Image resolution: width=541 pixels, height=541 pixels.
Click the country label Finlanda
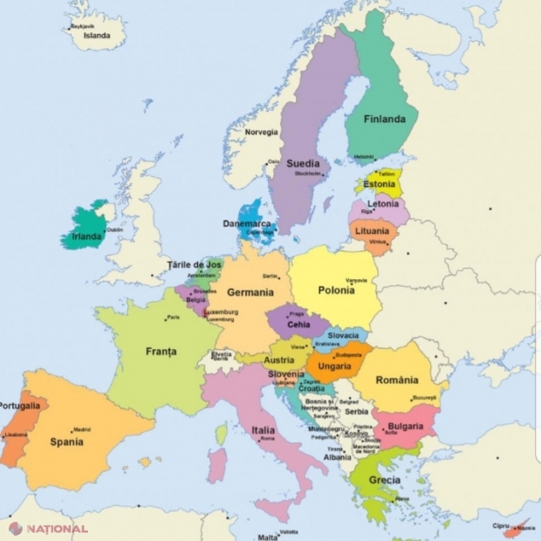[x=384, y=120]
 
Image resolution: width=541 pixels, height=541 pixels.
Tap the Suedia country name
[x=303, y=163]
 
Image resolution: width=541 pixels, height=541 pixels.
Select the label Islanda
[x=96, y=36]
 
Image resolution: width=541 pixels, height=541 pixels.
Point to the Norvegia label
[x=261, y=133]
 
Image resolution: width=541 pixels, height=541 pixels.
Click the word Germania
[x=251, y=292]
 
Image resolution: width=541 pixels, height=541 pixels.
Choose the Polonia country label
[x=336, y=291]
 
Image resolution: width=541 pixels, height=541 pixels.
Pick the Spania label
[x=66, y=442]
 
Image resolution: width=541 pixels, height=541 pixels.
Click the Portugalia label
[x=20, y=406]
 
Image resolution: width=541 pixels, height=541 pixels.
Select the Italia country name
[x=264, y=430]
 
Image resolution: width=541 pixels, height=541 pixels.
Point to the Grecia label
[x=384, y=481]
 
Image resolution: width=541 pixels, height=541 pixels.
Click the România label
[x=397, y=380]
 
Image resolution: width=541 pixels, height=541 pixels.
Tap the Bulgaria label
[x=404, y=426]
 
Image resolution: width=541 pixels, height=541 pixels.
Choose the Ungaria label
[x=336, y=366]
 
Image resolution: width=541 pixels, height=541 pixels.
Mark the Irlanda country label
[x=86, y=236]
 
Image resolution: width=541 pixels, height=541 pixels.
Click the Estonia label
[x=380, y=185]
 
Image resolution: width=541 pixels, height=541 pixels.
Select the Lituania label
[x=373, y=231]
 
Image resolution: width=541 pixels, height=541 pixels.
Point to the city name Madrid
[x=81, y=429]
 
